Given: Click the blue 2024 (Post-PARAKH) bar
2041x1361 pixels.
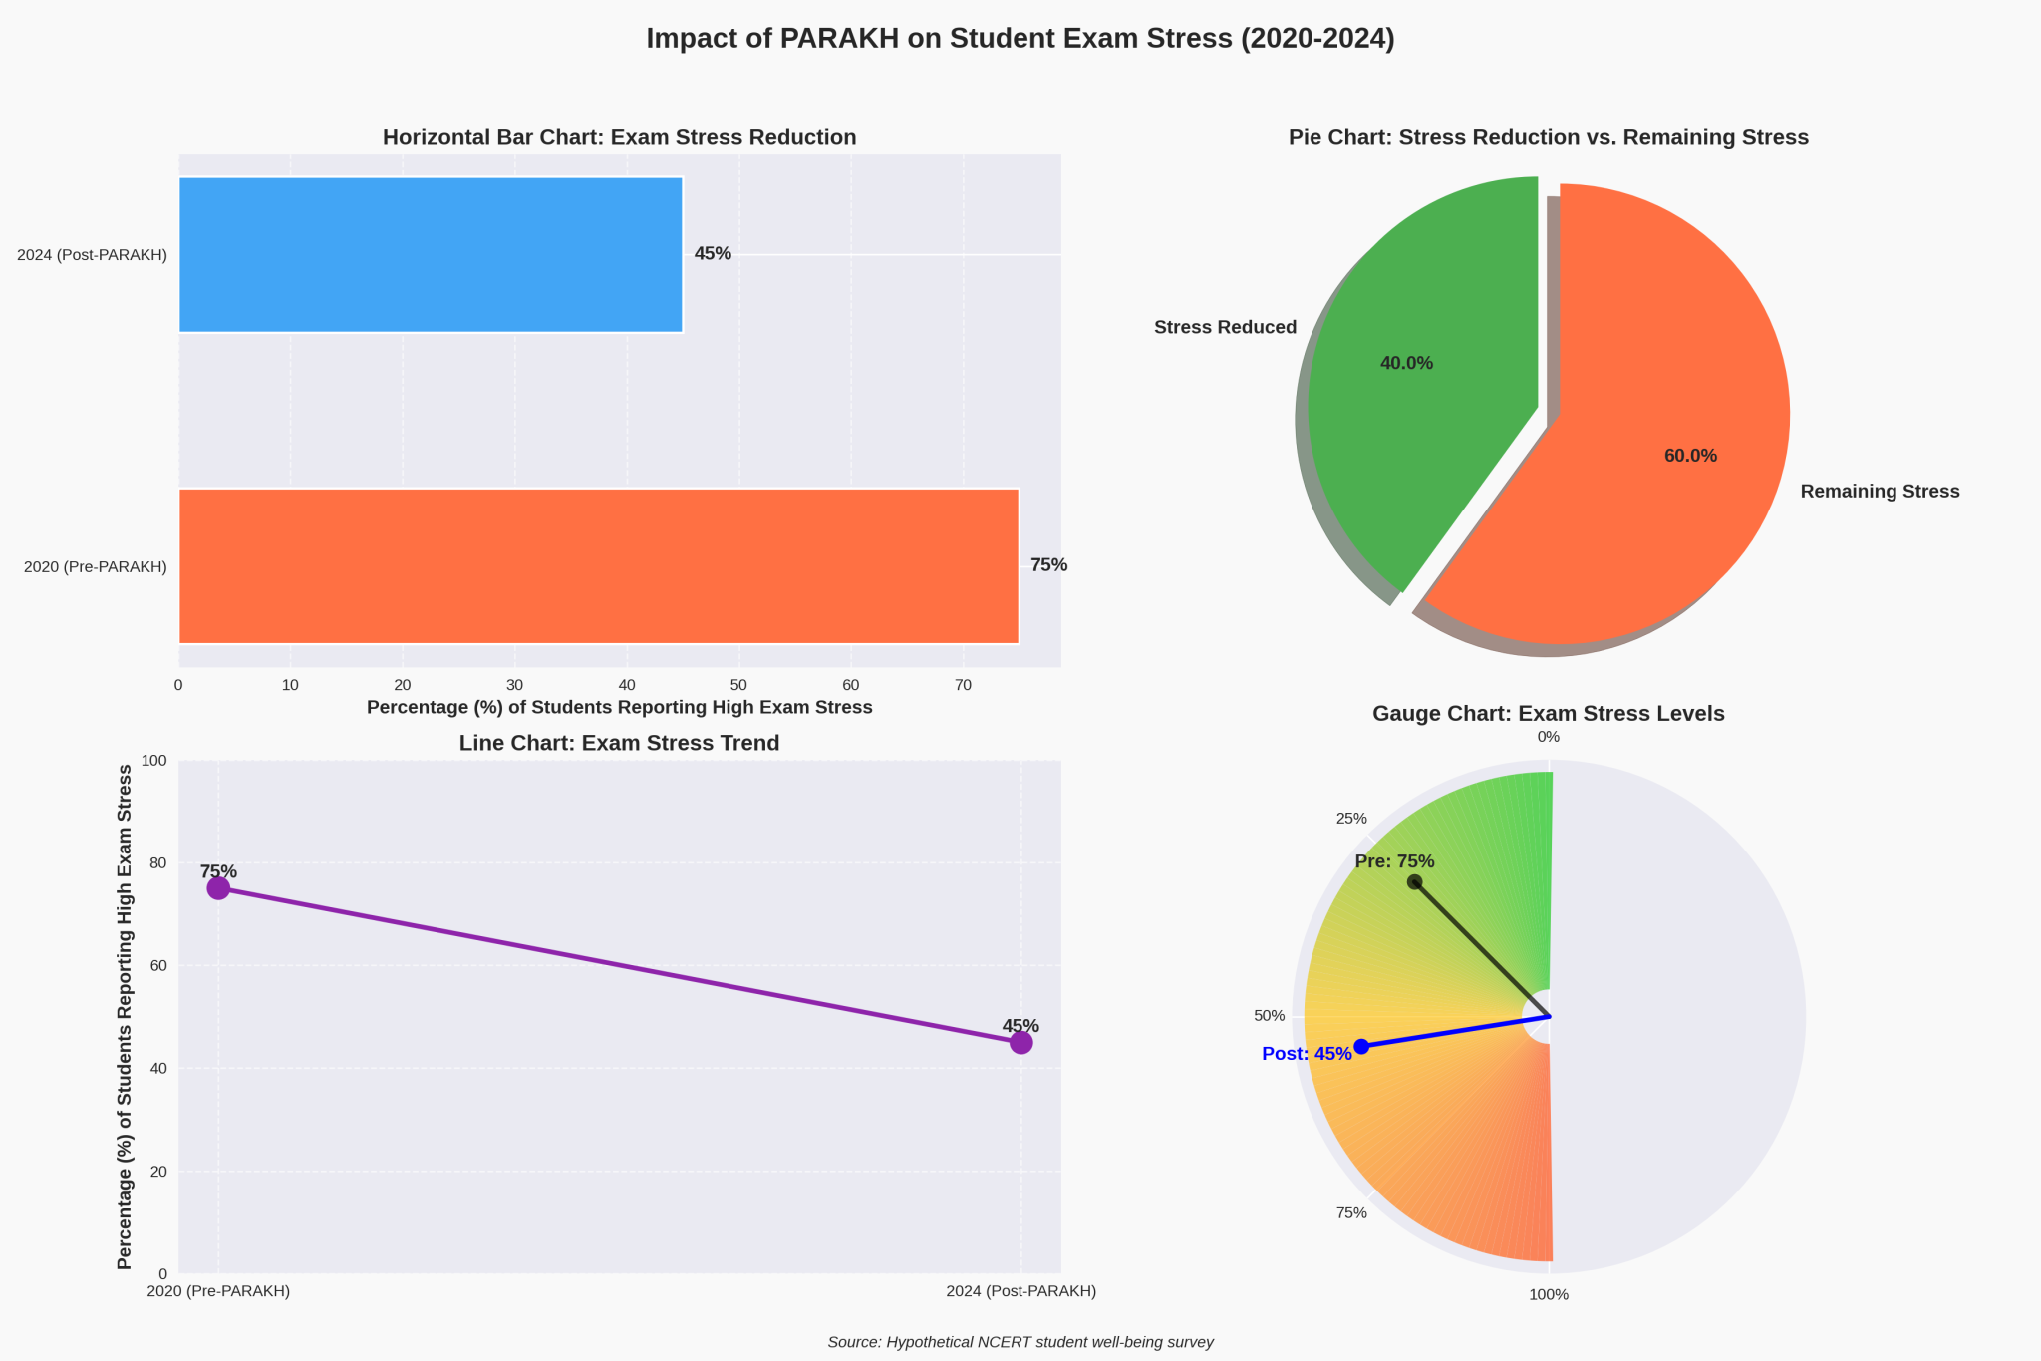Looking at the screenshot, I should pyautogui.click(x=431, y=254).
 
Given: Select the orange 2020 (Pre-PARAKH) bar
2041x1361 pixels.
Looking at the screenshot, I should pyautogui.click(x=598, y=565).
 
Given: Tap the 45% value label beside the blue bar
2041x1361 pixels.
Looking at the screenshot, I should pyautogui.click(x=713, y=254).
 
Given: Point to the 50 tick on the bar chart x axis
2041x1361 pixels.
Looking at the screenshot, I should pyautogui.click(x=738, y=685).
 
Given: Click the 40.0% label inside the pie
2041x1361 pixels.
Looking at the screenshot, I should pyautogui.click(x=1406, y=364).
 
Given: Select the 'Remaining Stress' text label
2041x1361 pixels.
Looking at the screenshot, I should pyautogui.click(x=1880, y=492).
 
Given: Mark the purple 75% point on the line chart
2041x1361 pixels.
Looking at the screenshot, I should pyautogui.click(x=218, y=888).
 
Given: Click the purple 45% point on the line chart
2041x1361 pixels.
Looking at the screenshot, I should pyautogui.click(x=1020, y=1043).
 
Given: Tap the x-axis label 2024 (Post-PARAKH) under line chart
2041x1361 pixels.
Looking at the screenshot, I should pyautogui.click(x=1020, y=1291).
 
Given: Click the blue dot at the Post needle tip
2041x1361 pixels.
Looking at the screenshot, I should pyautogui.click(x=1361, y=1046).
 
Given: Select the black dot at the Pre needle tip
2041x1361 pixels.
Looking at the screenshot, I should pyautogui.click(x=1414, y=881).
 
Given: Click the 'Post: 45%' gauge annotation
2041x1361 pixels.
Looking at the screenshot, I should pyautogui.click(x=1307, y=1054).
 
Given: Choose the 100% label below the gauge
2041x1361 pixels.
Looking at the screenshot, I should pyautogui.click(x=1549, y=1295).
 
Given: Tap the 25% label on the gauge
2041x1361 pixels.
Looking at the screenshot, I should pyautogui.click(x=1351, y=819).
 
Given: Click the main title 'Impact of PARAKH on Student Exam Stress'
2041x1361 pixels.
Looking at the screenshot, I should pyautogui.click(x=1020, y=39).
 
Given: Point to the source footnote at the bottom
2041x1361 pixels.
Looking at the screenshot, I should pyautogui.click(x=1020, y=1343).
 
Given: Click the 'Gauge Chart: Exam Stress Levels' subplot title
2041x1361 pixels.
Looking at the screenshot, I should pyautogui.click(x=1548, y=714).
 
